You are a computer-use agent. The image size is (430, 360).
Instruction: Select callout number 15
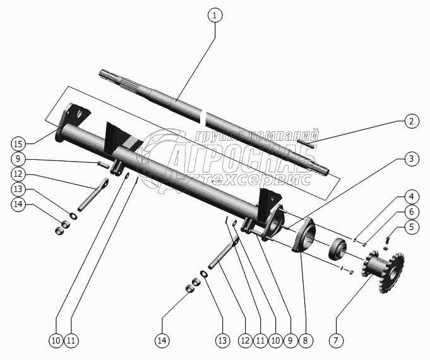[x=19, y=140]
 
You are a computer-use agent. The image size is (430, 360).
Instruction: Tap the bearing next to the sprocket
[x=338, y=249]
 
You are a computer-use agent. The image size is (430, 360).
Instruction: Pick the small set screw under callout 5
[x=387, y=239]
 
